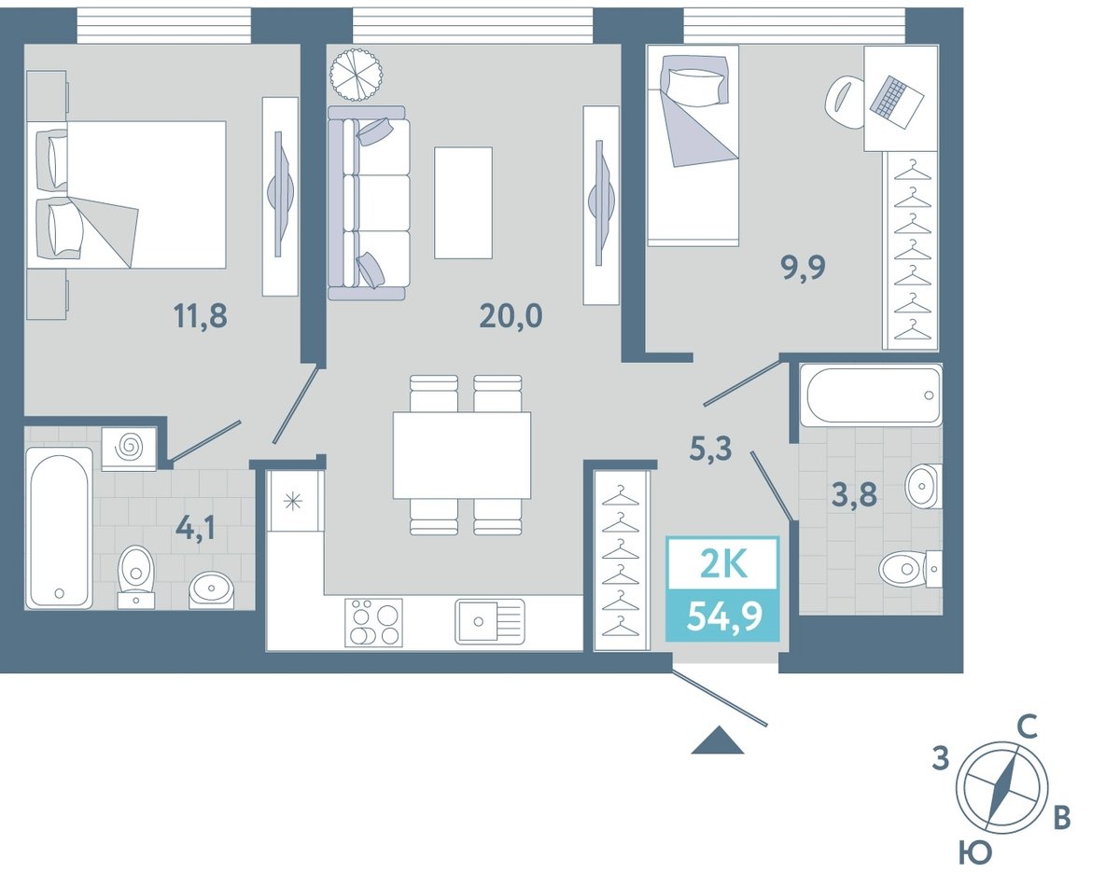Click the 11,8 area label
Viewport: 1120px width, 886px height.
point(201,316)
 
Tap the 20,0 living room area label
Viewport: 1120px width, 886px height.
point(511,316)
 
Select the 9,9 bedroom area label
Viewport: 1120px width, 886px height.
point(803,269)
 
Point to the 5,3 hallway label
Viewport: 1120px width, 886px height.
point(710,449)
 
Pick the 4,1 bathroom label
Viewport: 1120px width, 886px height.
point(195,529)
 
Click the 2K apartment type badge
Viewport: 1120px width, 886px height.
point(723,565)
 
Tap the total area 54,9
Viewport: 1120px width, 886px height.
point(724,616)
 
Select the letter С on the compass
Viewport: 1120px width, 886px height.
point(1028,727)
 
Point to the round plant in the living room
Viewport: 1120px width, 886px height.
point(357,75)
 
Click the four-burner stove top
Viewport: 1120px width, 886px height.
point(373,622)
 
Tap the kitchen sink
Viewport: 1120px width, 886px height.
point(490,621)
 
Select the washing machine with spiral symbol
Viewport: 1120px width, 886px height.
point(129,449)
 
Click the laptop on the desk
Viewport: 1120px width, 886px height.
point(897,102)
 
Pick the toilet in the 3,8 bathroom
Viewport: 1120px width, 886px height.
point(910,569)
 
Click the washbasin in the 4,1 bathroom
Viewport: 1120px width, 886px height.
point(211,590)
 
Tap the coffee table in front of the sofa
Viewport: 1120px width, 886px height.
point(463,202)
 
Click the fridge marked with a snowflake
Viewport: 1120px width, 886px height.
point(293,502)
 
